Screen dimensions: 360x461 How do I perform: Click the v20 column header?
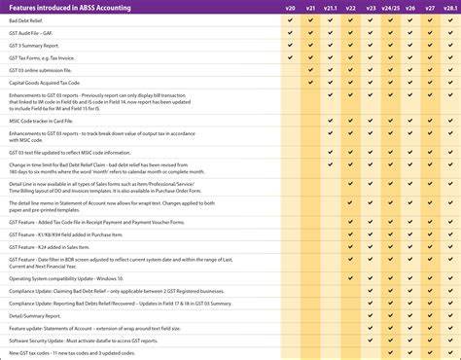tap(290, 8)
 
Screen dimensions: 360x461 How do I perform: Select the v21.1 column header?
tap(331, 8)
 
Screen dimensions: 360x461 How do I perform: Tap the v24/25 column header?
tap(390, 8)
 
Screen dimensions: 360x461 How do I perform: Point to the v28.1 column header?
tap(450, 8)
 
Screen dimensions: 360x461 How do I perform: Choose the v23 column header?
tap(371, 8)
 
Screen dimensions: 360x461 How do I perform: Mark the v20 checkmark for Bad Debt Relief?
tap(290, 19)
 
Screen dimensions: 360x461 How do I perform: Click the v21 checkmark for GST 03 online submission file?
tap(310, 70)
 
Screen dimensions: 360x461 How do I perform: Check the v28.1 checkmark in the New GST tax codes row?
tap(450, 353)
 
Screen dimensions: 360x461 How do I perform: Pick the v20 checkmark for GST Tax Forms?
tap(290, 57)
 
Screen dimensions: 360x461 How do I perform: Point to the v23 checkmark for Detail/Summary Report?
tap(371, 315)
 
